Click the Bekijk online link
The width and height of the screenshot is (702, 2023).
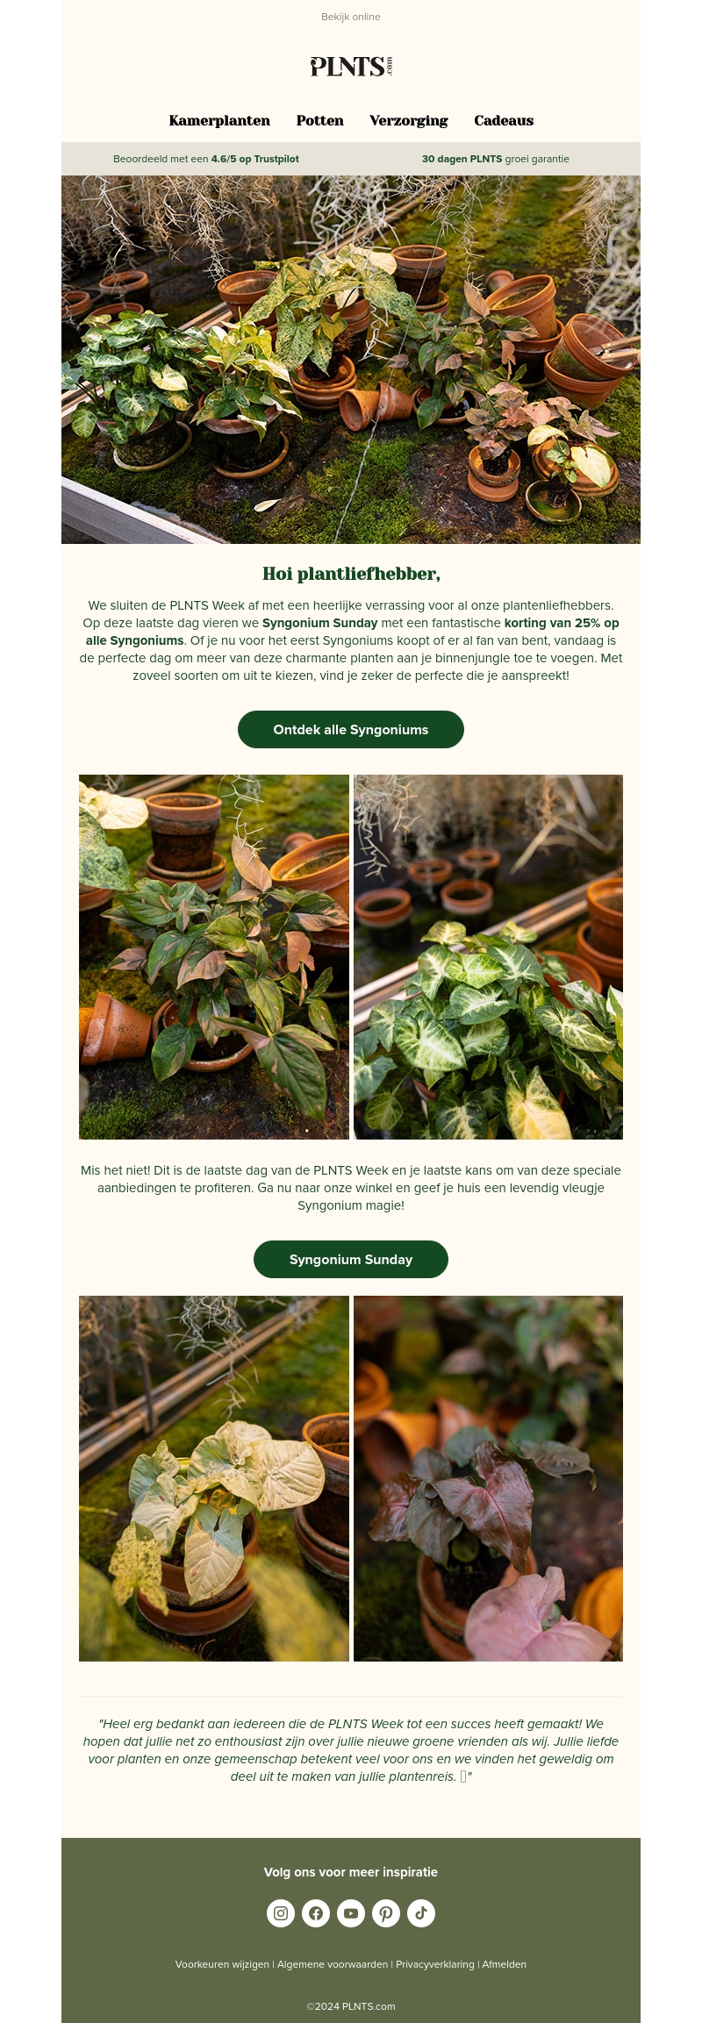(350, 17)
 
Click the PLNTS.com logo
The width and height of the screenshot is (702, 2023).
(350, 67)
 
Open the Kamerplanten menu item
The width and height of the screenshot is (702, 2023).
(219, 121)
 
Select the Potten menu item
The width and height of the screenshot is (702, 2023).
(319, 121)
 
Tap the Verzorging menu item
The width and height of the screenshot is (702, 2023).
(408, 121)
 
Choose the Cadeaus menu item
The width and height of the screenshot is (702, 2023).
(504, 121)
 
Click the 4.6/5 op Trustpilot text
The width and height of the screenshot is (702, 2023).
(254, 159)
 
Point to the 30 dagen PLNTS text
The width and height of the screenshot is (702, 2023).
(462, 159)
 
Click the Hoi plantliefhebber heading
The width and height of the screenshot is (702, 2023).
(351, 574)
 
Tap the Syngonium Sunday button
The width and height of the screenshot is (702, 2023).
(351, 1259)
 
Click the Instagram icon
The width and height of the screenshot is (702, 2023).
(281, 1912)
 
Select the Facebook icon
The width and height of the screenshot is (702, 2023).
(316, 1912)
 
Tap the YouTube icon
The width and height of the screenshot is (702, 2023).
(351, 1912)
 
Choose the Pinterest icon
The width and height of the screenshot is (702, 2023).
(386, 1912)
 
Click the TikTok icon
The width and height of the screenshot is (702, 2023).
(421, 1912)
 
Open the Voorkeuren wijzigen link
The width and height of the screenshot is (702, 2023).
(222, 1964)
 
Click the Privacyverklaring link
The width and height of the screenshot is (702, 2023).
(434, 1964)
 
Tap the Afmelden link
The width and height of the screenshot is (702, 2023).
(505, 1964)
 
